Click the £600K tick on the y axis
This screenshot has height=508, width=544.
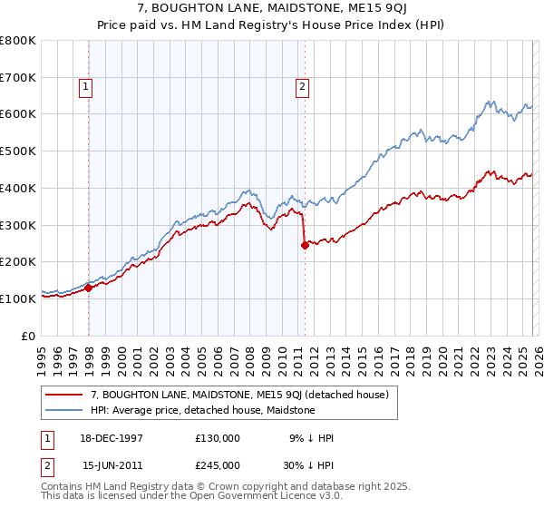(x=18, y=114)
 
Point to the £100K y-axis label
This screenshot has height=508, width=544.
(x=18, y=298)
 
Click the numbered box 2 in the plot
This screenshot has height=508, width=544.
(x=301, y=87)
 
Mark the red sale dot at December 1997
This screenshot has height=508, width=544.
(x=89, y=288)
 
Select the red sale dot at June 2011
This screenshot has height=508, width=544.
(x=305, y=245)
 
